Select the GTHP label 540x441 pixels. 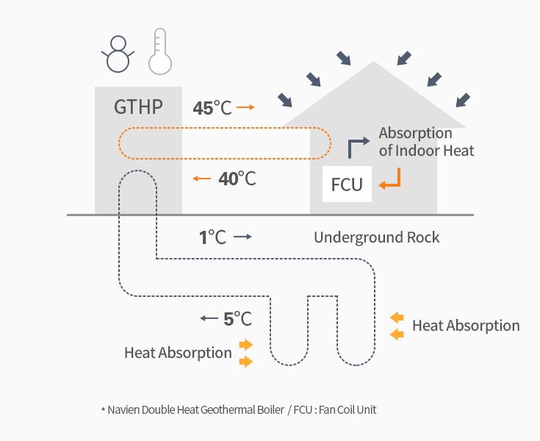(138, 107)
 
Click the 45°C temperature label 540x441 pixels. (212, 108)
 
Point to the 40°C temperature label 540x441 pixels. (237, 178)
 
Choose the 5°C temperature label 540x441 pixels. (237, 319)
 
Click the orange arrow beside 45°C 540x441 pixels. (246, 108)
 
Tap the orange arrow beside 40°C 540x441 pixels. (201, 178)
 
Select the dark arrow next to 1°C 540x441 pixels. (243, 237)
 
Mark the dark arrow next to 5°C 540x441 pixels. (209, 319)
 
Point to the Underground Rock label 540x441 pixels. (377, 237)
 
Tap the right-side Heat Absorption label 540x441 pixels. (466, 326)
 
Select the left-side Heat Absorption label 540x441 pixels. (178, 353)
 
